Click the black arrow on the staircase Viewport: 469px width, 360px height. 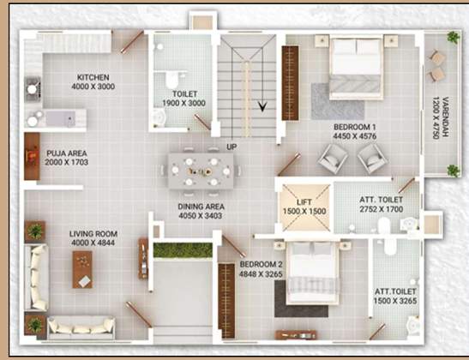pyautogui.click(x=262, y=107)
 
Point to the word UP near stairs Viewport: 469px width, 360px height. pyautogui.click(x=231, y=147)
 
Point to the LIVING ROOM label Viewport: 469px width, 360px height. pyautogui.click(x=93, y=234)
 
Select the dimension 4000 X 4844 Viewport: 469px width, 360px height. pyautogui.click(x=93, y=243)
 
